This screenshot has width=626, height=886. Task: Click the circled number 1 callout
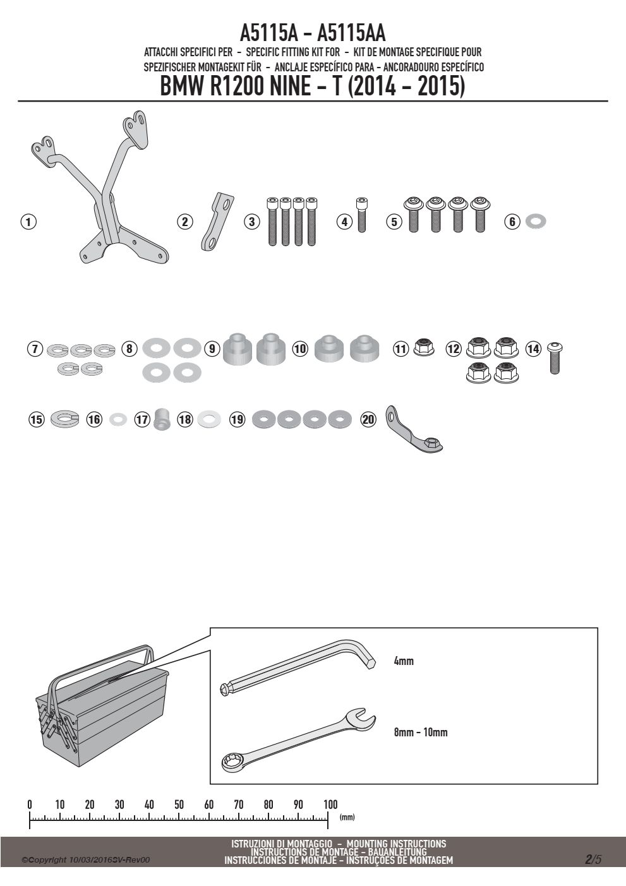(28, 222)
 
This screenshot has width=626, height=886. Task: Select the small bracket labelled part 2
(217, 222)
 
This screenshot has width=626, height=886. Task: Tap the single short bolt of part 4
(361, 215)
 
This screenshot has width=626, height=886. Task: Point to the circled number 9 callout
(212, 349)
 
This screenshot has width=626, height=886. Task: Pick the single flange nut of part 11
(424, 347)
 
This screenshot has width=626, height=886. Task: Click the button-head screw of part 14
(555, 358)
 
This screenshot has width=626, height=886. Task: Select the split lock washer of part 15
(65, 419)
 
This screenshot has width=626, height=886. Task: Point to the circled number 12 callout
(454, 349)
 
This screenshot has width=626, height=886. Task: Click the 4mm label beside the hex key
(404, 661)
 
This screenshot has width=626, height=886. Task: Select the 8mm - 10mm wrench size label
(421, 732)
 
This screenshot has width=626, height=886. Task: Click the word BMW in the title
(183, 86)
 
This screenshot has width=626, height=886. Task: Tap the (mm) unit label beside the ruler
(347, 817)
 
